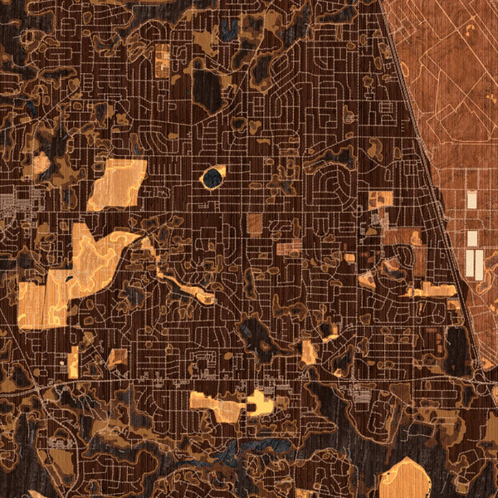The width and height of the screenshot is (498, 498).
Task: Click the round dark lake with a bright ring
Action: pyautogui.click(x=213, y=177)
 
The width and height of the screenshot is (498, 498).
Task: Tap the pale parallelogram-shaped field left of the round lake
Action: pyautogui.click(x=117, y=184)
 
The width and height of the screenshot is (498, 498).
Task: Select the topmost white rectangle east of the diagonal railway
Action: pyautogui.click(x=471, y=199)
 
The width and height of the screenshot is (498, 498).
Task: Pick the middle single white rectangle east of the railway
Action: pyautogui.click(x=472, y=238)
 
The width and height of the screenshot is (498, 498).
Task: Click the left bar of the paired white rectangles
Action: pyautogui.click(x=469, y=263)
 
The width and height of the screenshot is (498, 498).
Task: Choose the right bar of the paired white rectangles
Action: pyautogui.click(x=479, y=263)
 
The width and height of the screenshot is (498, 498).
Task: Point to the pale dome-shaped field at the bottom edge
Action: pyautogui.click(x=404, y=479)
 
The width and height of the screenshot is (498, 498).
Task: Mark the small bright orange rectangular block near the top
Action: pyautogui.click(x=163, y=60)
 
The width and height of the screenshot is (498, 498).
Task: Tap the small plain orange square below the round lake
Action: pyautogui.click(x=254, y=222)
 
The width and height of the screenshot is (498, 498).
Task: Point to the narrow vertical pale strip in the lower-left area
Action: pyautogui.click(x=73, y=361)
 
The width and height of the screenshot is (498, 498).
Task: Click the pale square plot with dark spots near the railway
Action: pyautogui.click(x=381, y=200)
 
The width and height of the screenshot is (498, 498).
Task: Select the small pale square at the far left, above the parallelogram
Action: pyautogui.click(x=41, y=165)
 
